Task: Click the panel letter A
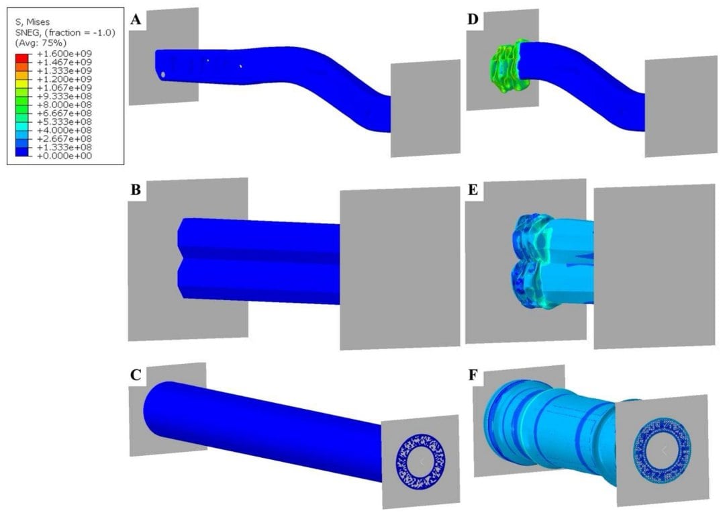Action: [136, 19]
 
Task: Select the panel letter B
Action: [136, 190]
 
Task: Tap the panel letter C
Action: [136, 375]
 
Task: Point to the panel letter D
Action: [473, 20]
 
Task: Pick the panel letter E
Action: [473, 190]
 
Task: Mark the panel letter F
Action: [473, 375]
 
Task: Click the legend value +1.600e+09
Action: [64, 54]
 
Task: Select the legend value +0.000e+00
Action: [64, 156]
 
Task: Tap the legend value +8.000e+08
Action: [64, 105]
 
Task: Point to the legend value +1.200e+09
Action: [64, 79]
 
